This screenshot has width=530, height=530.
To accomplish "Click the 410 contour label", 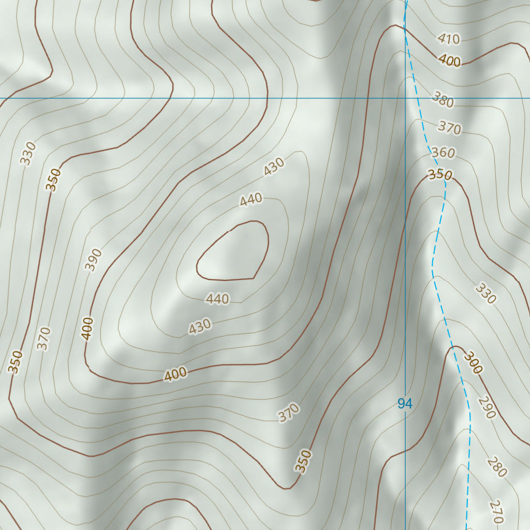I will point(448,38).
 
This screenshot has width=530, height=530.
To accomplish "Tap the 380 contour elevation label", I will point(443,100).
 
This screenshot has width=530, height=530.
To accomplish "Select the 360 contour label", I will point(443,153).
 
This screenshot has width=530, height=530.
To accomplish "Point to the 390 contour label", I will point(94,260).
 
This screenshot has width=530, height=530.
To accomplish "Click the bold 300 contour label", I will point(473,363).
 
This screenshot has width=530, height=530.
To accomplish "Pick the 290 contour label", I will point(487,407).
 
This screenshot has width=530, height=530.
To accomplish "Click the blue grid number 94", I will point(405,404).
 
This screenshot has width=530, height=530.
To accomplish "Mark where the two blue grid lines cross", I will point(405,98).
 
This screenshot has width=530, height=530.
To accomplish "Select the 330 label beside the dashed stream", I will point(485,293).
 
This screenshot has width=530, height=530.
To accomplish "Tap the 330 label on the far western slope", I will point(28,154).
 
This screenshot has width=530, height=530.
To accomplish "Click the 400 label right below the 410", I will point(449,61).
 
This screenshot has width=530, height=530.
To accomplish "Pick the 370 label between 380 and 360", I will point(449,127).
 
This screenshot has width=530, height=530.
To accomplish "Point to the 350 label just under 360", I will point(440,174).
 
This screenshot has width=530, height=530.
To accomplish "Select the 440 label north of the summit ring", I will point(251,199).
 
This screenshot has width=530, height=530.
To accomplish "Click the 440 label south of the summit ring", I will point(217,299).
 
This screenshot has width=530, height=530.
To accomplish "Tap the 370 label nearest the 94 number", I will point(288,413).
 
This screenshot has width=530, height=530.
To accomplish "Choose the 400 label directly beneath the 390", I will point(87,328).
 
